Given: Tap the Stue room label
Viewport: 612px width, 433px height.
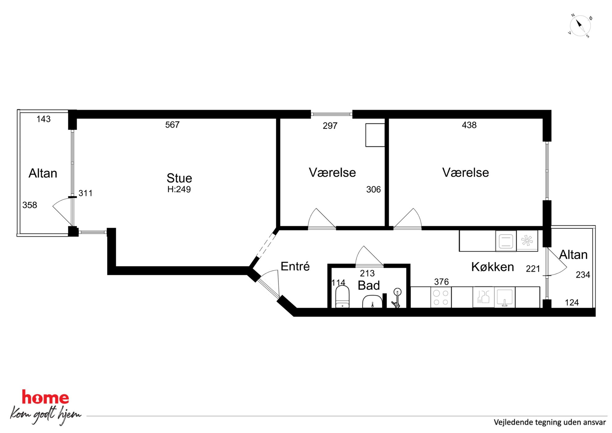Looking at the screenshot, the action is (x=179, y=178).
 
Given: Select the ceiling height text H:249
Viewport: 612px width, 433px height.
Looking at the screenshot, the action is (x=179, y=189).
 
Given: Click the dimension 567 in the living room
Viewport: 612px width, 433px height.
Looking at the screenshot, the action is (x=172, y=125).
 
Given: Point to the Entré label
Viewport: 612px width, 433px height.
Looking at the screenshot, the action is (x=295, y=266).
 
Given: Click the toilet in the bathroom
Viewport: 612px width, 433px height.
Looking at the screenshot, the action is (x=342, y=297).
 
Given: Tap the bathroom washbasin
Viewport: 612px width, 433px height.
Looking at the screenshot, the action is (x=372, y=302).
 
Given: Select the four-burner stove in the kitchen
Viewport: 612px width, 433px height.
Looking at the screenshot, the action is (x=441, y=297).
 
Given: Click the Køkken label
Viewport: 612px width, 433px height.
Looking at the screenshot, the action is (x=493, y=267).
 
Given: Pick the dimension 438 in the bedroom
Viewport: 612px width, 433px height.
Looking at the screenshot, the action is (x=469, y=125).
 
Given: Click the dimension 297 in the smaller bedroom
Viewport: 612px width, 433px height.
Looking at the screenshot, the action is (x=330, y=126).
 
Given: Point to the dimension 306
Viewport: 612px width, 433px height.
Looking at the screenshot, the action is (x=373, y=189).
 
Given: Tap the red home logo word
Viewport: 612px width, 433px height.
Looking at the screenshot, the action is (x=45, y=397).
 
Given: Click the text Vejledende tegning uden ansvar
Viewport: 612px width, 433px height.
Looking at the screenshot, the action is (x=550, y=422).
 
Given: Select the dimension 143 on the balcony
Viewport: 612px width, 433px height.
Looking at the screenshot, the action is (x=43, y=119).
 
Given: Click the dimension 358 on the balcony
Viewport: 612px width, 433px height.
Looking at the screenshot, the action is (x=30, y=205).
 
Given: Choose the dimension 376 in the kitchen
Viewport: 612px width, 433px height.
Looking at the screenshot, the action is (x=441, y=282).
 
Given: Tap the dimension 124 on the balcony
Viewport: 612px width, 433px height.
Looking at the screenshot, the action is (x=572, y=302).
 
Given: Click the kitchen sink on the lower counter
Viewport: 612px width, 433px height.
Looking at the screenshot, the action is (x=505, y=297).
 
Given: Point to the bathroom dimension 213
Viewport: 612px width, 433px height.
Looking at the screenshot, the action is (x=367, y=273).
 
